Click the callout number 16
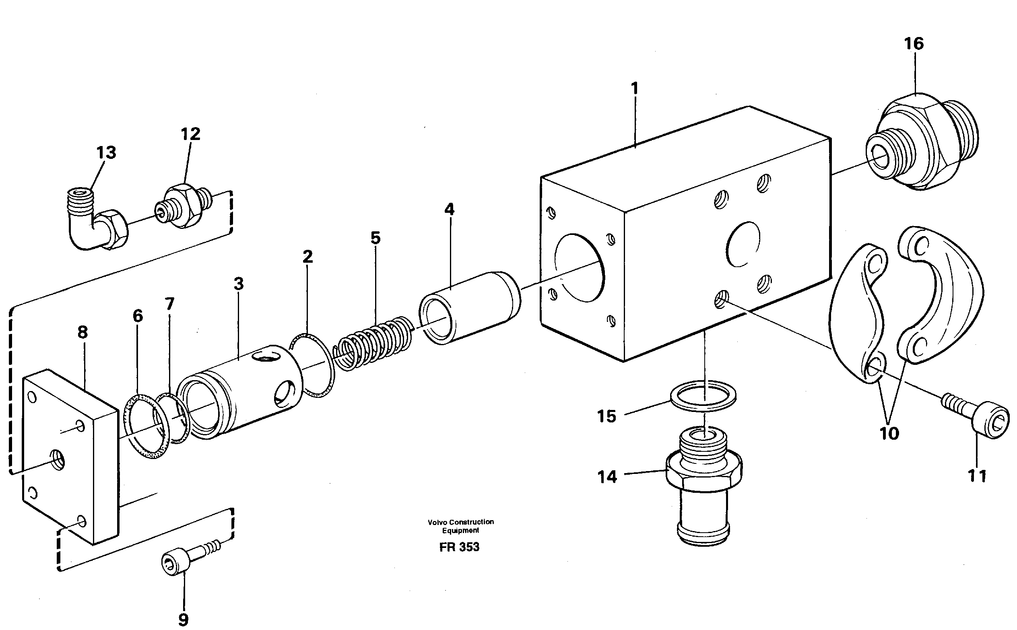[x=914, y=44]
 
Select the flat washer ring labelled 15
[x=703, y=395]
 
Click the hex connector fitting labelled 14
[x=703, y=483]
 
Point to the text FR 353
[x=459, y=547]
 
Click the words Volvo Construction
[x=460, y=522]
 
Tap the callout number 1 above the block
[x=634, y=89]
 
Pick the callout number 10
[x=889, y=434]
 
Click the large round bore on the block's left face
[x=580, y=268]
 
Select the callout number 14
[x=607, y=477]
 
